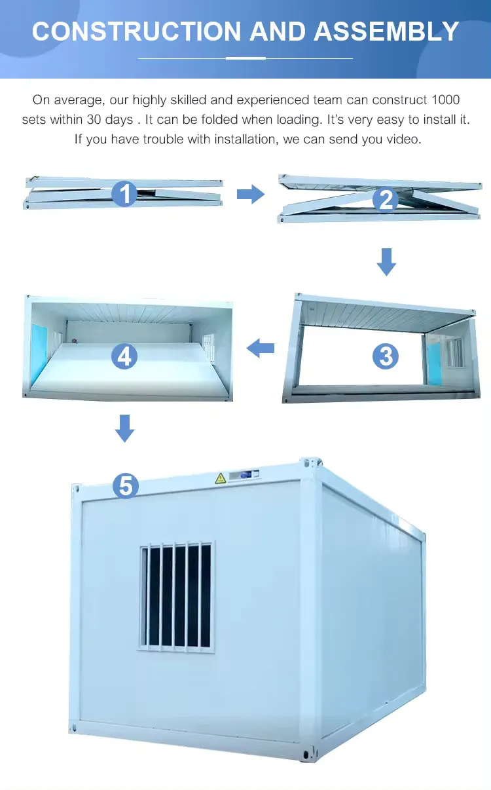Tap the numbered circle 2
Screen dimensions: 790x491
pyautogui.click(x=386, y=199)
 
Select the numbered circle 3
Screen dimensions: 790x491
pyautogui.click(x=386, y=356)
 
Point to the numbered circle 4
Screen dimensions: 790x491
pyautogui.click(x=124, y=356)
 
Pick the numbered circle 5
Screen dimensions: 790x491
pyautogui.click(x=125, y=485)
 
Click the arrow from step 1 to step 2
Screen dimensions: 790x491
pyautogui.click(x=249, y=194)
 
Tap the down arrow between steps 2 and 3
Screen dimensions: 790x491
pyautogui.click(x=387, y=261)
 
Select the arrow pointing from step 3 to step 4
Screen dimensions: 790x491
pyautogui.click(x=260, y=348)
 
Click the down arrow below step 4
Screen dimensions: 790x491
pyautogui.click(x=124, y=428)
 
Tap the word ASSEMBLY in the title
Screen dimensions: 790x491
pyautogui.click(x=386, y=31)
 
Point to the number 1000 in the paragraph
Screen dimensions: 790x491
pyautogui.click(x=445, y=100)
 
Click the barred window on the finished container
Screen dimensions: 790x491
pyautogui.click(x=176, y=595)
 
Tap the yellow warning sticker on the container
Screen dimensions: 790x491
pyautogui.click(x=221, y=478)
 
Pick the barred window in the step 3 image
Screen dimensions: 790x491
pyautogui.click(x=454, y=352)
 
